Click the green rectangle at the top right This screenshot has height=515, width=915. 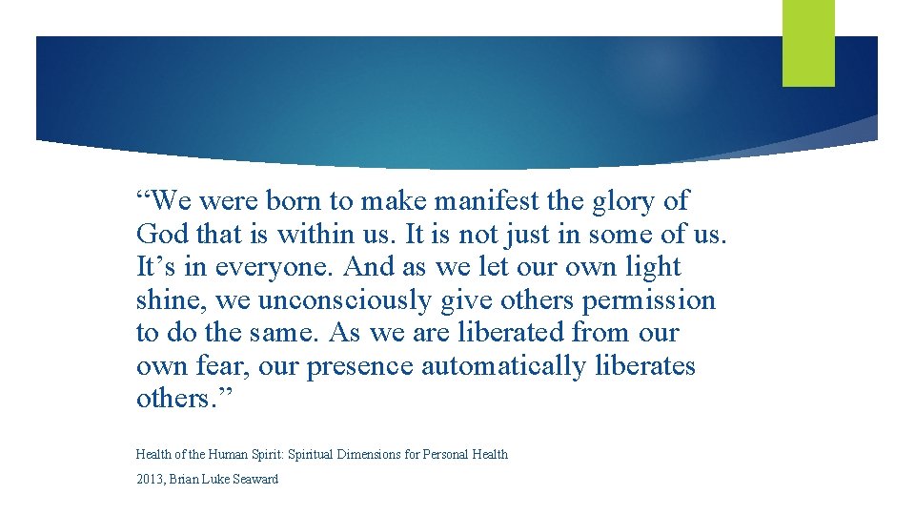808,43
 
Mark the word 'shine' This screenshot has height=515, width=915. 173,300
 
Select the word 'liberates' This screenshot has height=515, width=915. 645,366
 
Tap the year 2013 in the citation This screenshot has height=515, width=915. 149,479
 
